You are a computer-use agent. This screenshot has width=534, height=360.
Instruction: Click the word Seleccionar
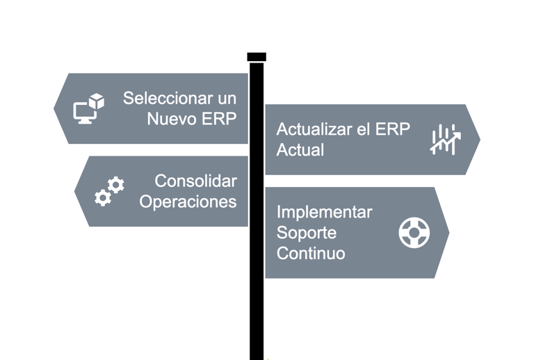[165, 98]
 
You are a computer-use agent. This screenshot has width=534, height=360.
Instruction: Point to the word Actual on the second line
[300, 149]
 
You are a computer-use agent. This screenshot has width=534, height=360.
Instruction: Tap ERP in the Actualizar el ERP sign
[394, 129]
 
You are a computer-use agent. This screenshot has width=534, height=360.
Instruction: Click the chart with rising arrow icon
[444, 140]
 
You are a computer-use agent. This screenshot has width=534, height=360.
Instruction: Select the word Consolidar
[195, 181]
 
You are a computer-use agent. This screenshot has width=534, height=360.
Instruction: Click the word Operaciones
[188, 202]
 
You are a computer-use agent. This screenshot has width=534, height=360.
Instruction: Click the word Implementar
[324, 212]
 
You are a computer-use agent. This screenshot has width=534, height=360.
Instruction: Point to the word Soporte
[307, 232]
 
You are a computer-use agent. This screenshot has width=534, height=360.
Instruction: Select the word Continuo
[311, 253]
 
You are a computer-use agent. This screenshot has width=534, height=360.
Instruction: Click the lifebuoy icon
[414, 233]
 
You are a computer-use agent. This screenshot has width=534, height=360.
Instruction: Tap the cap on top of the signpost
[257, 57]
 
